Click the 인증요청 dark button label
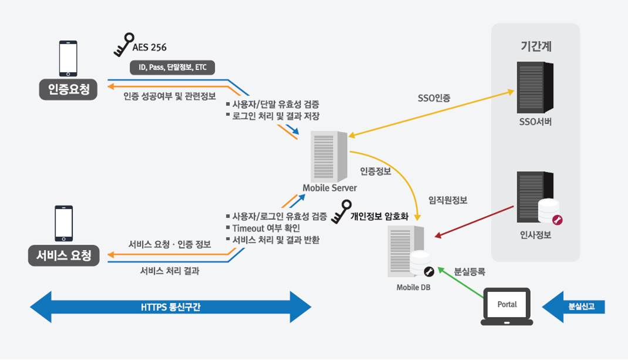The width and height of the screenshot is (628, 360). coord(68,90)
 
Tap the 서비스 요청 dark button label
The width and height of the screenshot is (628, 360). coord(64,255)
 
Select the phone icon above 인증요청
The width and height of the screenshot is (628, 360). coord(68,58)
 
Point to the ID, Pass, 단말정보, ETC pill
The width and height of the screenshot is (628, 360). coord(173,68)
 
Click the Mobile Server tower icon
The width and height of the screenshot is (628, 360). coord(330,156)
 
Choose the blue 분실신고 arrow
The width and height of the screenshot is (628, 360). coord(573,307)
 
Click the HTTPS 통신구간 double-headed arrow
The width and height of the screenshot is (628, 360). coord(170,307)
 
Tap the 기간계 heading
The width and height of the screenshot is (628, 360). coord(535,45)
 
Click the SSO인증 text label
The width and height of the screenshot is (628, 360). coord(434,98)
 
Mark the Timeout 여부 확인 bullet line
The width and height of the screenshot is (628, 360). coord(266,228)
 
